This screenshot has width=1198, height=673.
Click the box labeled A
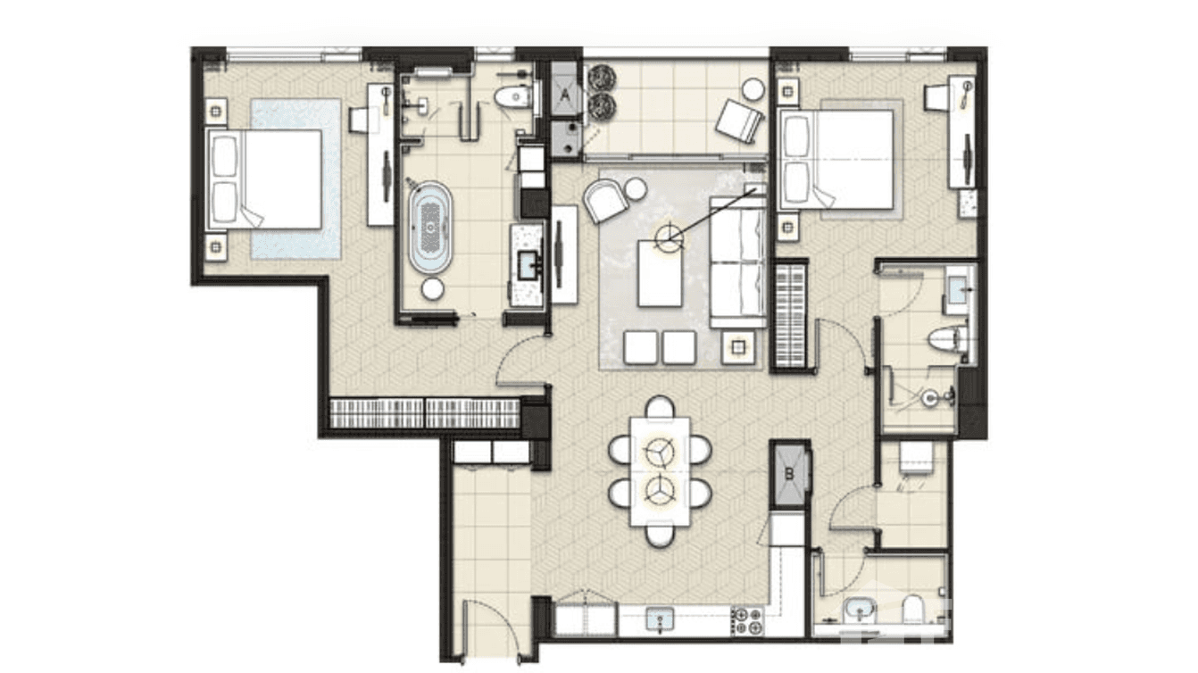click(x=565, y=90)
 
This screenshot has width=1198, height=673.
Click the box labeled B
click(x=789, y=474)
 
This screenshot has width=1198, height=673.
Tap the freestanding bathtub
click(x=430, y=227)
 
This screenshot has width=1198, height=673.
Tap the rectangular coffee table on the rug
click(x=661, y=272)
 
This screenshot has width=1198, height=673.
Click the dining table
click(x=660, y=470)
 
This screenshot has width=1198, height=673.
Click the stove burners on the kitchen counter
click(x=747, y=619)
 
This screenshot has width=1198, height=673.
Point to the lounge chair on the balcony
click(x=740, y=120)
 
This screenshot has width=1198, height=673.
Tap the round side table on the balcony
click(x=753, y=88)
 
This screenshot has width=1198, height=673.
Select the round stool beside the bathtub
click(x=432, y=288)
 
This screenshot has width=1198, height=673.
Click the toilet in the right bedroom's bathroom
click(x=944, y=339)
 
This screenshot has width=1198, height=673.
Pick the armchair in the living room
click(x=606, y=200)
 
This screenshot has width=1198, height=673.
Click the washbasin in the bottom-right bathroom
click(x=859, y=611)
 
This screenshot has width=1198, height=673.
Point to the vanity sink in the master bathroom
click(x=528, y=262)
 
